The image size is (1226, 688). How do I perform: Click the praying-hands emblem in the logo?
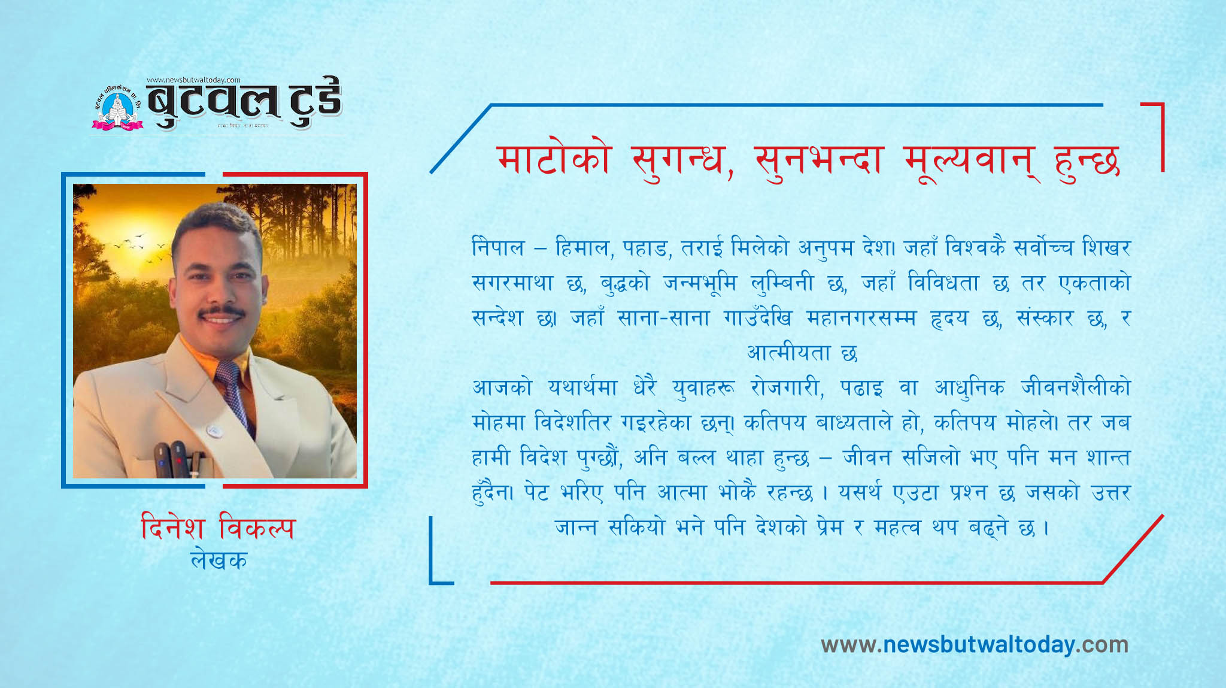(x=117, y=108)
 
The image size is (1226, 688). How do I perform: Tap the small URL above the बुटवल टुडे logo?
(x=193, y=80)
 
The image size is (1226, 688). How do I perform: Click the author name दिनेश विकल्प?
(x=219, y=528)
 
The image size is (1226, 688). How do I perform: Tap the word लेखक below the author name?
(x=219, y=560)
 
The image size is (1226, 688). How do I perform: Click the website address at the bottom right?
(x=975, y=644)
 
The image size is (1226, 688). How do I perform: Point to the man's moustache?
(x=222, y=312)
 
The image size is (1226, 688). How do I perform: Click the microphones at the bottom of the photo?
(x=178, y=459)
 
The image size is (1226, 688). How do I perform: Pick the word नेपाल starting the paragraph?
(x=498, y=247)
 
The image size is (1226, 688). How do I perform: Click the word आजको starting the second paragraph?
(x=502, y=387)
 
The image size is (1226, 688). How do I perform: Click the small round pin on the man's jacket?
(x=214, y=430)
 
